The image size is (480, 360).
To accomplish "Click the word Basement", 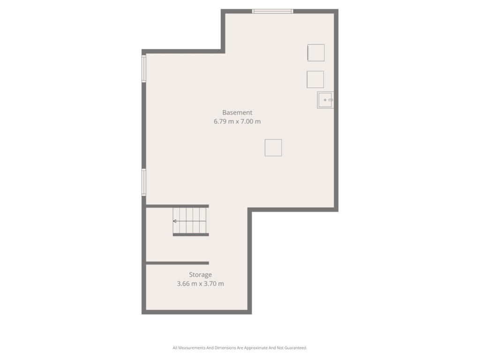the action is [237, 112].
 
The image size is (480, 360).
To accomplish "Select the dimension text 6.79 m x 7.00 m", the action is [237, 121].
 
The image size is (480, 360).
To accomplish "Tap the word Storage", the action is [200, 275].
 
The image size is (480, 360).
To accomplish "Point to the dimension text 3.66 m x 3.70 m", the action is [200, 284].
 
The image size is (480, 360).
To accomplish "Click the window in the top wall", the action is [272, 11].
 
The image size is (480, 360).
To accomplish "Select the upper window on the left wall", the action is [144, 68].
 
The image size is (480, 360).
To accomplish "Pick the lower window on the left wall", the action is [144, 182].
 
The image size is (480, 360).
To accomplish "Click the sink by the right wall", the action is [325, 100].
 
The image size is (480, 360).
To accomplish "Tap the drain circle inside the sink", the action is [325, 100].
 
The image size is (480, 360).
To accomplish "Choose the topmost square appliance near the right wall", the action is [316, 52].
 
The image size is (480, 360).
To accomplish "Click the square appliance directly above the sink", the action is [315, 79].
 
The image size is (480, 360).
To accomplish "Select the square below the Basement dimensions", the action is [273, 148].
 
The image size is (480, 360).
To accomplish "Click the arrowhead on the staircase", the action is [174, 221].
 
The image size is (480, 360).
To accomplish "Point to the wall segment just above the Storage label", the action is [177, 263].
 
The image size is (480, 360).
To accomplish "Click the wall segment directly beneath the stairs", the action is [191, 235].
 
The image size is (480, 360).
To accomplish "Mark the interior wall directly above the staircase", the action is [177, 206].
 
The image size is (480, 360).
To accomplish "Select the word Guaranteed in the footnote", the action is [296, 348].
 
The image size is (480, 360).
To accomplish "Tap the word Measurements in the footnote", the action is [192, 348].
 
